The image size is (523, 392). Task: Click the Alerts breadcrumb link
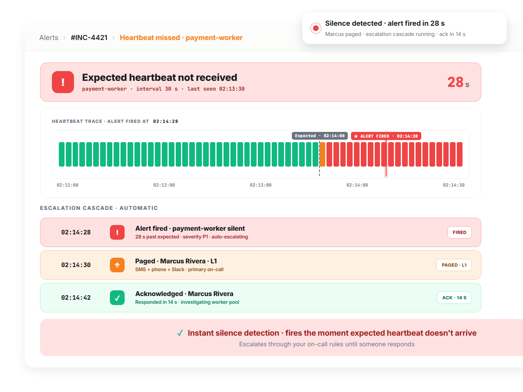click(x=49, y=38)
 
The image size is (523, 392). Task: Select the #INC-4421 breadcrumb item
click(x=89, y=38)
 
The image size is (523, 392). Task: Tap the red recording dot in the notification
click(x=316, y=28)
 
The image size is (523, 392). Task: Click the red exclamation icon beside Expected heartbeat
click(x=63, y=82)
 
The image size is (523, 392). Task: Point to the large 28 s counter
click(x=458, y=82)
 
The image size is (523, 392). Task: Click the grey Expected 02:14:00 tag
click(x=320, y=136)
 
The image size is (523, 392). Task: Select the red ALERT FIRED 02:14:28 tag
click(x=386, y=136)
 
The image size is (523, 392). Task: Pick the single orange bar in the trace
click(x=322, y=154)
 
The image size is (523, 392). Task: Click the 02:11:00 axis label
click(x=67, y=185)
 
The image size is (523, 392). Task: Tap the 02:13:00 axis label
click(x=260, y=185)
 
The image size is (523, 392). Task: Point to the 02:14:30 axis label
click(x=454, y=185)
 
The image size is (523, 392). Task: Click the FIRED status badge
click(x=459, y=232)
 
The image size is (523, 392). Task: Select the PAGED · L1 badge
click(x=454, y=265)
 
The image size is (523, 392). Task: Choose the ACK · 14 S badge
click(x=454, y=298)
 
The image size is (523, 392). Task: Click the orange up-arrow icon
click(x=117, y=265)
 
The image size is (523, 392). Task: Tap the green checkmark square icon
click(x=117, y=298)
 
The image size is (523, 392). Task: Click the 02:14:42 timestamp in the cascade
click(x=76, y=298)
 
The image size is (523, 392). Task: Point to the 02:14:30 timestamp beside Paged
click(x=76, y=265)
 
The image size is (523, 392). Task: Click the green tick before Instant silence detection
click(x=180, y=333)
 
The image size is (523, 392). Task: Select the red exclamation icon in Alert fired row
click(x=117, y=232)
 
